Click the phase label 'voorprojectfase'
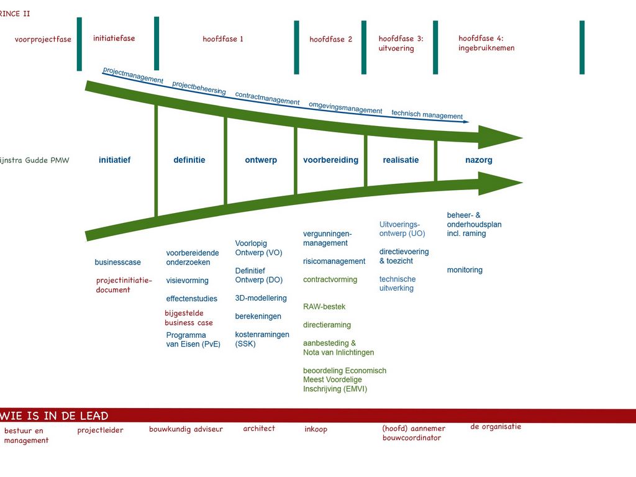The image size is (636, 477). point(43,39)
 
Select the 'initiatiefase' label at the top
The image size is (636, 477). point(114,38)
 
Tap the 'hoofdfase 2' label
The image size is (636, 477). point(330,39)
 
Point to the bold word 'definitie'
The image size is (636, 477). point(189,160)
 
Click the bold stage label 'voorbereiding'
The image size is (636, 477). point(330,160)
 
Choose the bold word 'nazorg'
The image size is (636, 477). point(478,160)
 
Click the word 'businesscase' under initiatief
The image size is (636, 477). point(117,262)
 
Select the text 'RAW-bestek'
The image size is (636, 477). point(324,307)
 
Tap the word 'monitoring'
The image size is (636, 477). point(465,270)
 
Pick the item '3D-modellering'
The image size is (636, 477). point(261,298)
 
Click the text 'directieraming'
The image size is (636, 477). point(327,325)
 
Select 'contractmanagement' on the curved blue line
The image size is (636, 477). point(267,98)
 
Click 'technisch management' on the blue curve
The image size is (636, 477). point(427,115)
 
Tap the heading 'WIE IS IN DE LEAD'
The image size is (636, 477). point(55,416)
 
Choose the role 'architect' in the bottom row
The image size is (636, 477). point(259,428)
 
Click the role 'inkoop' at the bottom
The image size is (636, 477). point(316,429)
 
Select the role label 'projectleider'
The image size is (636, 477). point(100,430)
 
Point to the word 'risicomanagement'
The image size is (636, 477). point(334,261)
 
